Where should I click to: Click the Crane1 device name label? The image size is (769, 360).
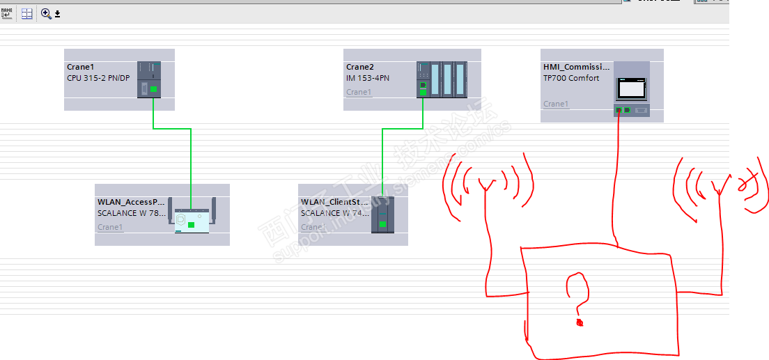[80, 68]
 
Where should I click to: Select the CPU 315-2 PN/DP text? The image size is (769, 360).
[98, 78]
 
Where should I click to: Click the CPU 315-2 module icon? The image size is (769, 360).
[148, 79]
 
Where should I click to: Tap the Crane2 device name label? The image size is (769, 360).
[360, 68]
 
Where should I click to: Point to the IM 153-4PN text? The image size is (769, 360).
[368, 78]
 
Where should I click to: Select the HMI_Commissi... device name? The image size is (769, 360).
[576, 68]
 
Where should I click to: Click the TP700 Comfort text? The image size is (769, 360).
[571, 78]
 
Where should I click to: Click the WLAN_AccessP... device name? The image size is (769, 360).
[132, 202]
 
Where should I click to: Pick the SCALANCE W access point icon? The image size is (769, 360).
[192, 219]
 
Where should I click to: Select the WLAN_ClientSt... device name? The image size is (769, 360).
[334, 202]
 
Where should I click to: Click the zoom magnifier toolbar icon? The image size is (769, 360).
[46, 13]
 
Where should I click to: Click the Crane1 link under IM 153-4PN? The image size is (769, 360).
[359, 92]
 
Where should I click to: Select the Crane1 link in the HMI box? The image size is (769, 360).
[556, 104]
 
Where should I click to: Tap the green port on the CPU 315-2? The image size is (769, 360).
[153, 89]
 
